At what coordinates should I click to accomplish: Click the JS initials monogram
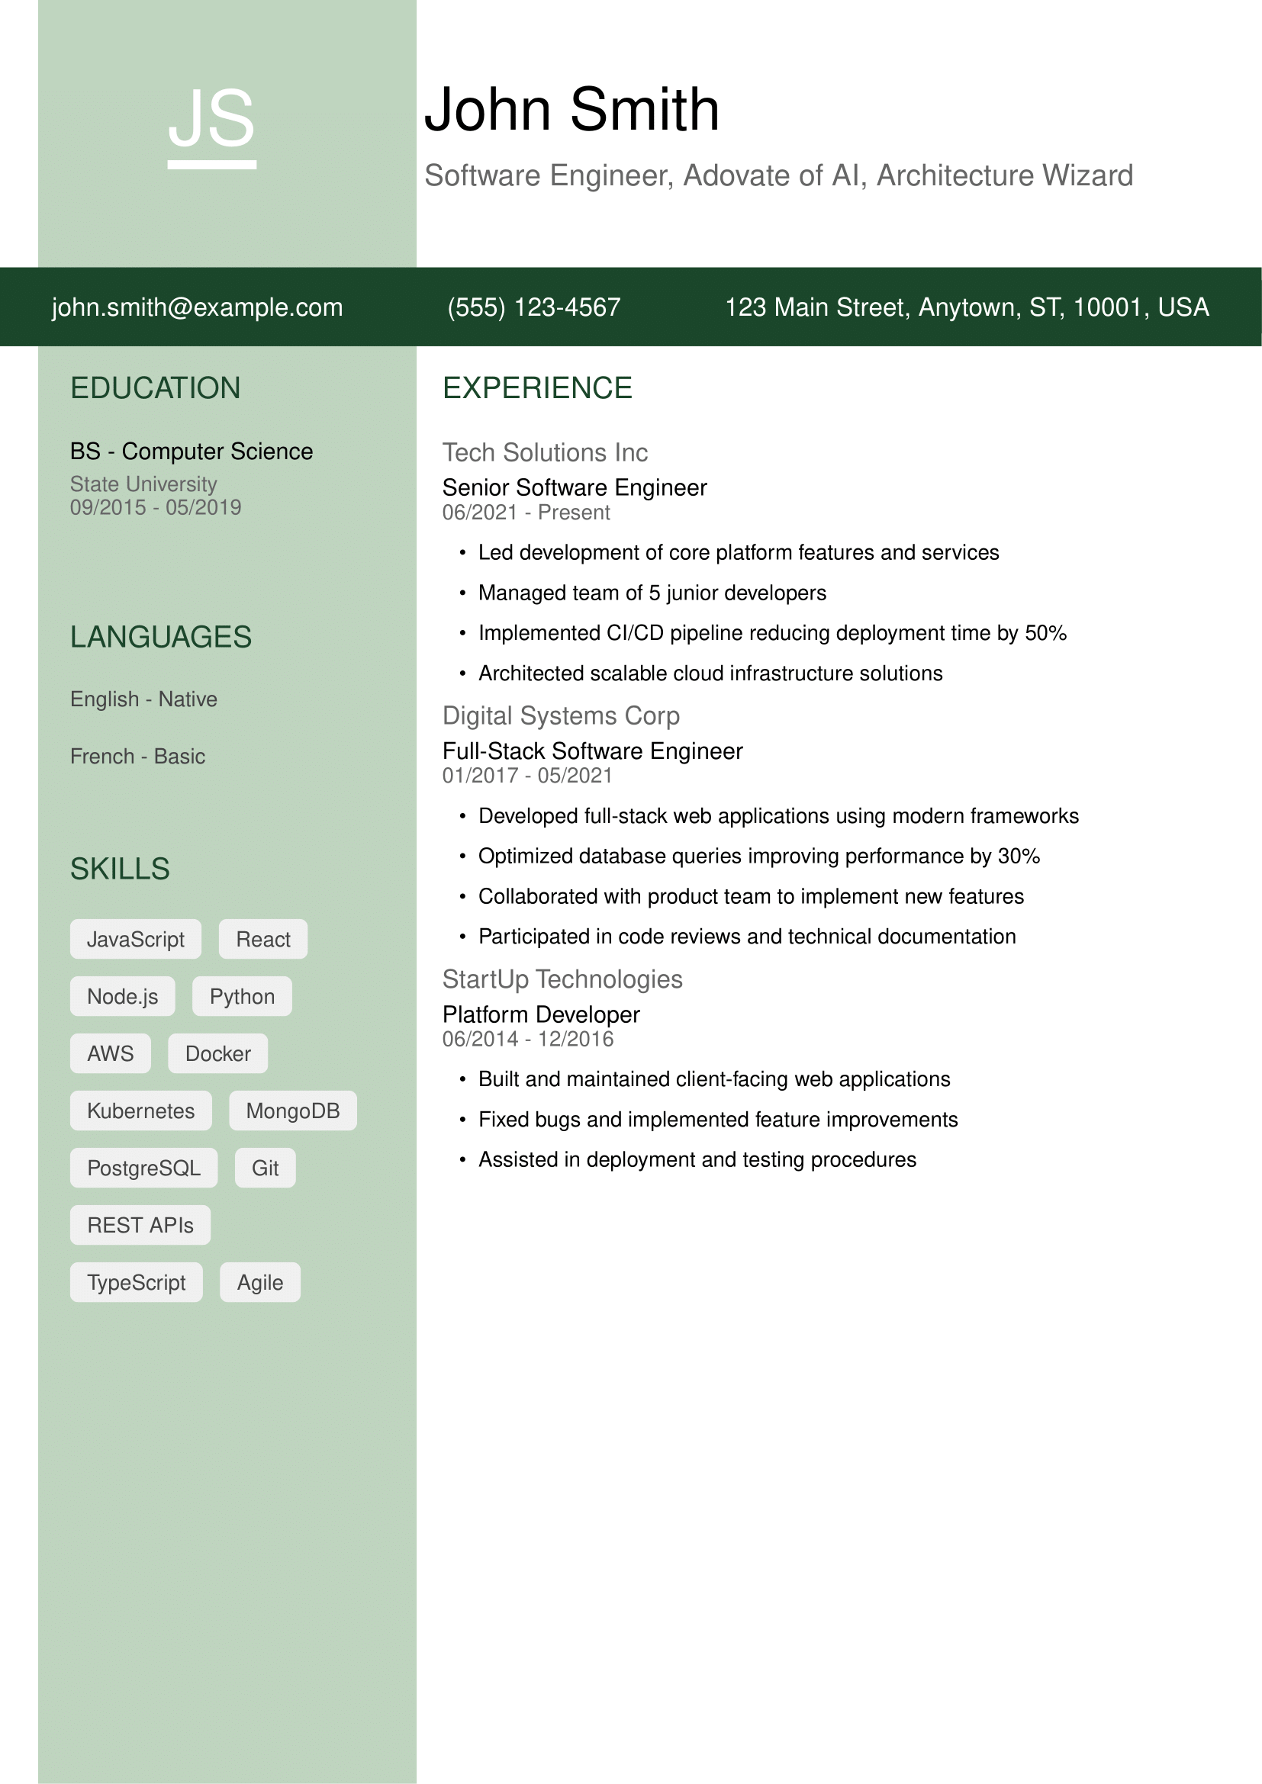click(211, 121)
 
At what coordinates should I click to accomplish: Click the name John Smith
click(571, 110)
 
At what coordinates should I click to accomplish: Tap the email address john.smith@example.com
click(198, 307)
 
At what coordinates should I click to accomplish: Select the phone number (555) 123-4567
click(534, 307)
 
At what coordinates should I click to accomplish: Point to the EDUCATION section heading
click(156, 388)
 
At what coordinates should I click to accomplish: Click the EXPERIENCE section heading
click(537, 388)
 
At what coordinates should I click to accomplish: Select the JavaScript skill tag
click(135, 940)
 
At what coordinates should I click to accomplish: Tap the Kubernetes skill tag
click(140, 1111)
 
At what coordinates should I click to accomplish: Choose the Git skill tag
click(265, 1168)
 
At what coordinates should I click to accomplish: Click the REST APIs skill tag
click(140, 1226)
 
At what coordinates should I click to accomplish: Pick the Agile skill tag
click(259, 1282)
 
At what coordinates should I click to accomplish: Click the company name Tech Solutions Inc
click(545, 453)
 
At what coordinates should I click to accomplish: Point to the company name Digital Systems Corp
click(560, 715)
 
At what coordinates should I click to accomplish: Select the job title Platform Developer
click(541, 1014)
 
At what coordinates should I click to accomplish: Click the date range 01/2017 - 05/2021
click(527, 776)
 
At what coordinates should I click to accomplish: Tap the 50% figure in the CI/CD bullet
click(1045, 633)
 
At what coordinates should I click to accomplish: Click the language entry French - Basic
click(137, 756)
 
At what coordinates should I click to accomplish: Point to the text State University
click(143, 484)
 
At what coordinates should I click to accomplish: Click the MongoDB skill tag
click(293, 1111)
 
